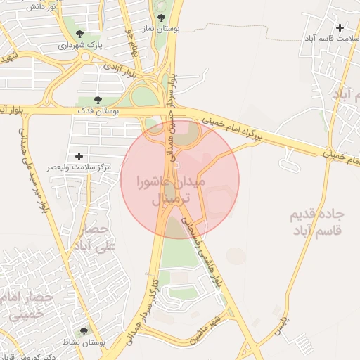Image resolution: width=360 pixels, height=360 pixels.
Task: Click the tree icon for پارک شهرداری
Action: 78,34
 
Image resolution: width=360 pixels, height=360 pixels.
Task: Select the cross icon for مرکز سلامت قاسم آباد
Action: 340,27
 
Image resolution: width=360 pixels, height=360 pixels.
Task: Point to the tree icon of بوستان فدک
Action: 98,101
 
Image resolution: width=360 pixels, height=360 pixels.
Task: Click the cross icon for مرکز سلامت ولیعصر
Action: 78,155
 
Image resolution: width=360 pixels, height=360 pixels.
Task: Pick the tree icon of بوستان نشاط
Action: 84,330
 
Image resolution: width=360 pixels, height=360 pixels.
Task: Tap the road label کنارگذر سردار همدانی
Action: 140,309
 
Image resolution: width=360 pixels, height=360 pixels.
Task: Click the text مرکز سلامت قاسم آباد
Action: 331,40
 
